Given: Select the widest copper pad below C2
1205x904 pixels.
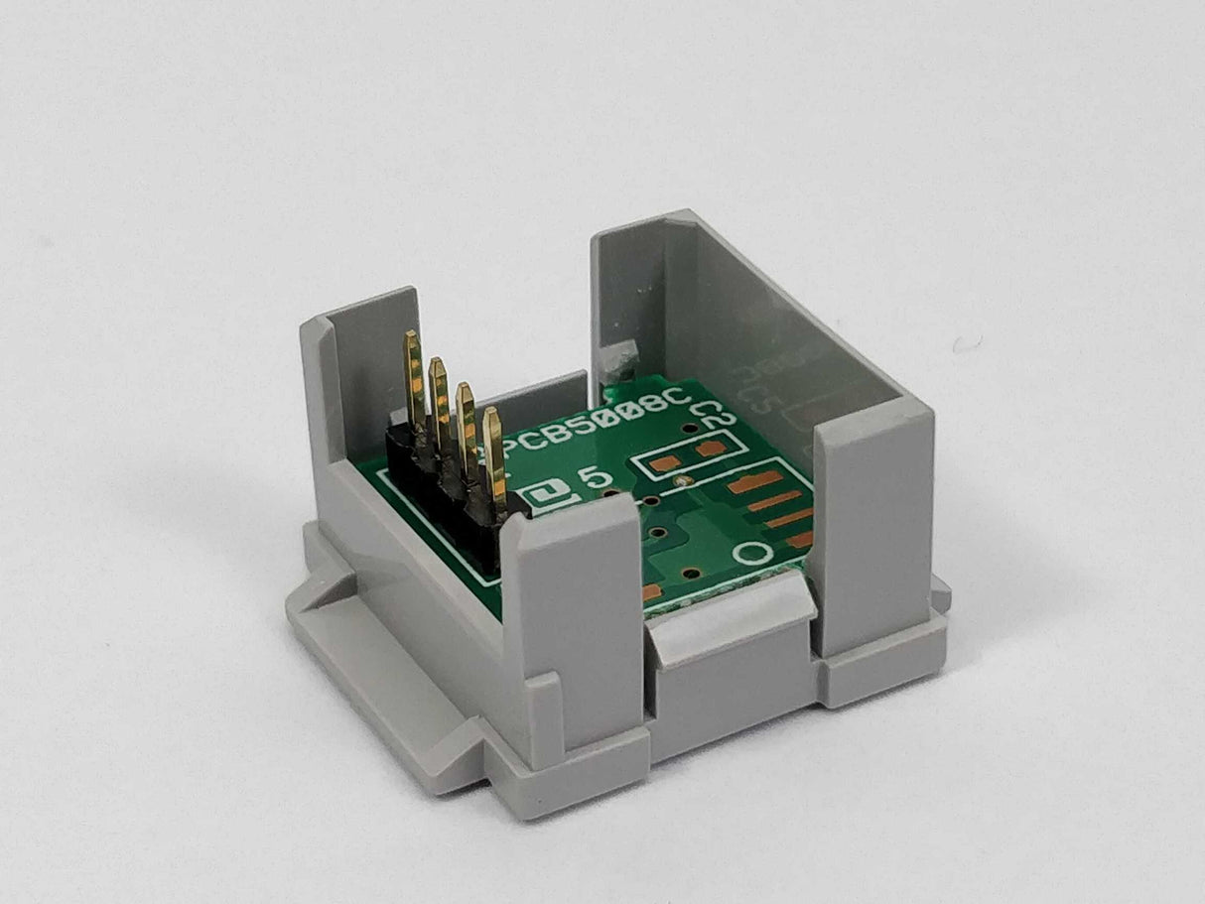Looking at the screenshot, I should [x=754, y=483].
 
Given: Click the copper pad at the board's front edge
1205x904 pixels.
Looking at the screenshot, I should [x=652, y=592].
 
